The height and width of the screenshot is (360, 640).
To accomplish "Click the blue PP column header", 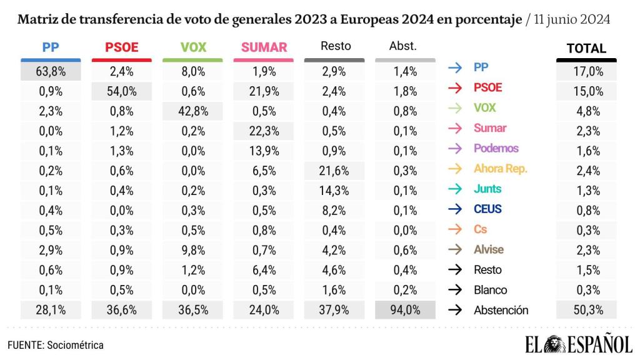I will click(51, 47).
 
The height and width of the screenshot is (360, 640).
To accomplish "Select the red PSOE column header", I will click(122, 47).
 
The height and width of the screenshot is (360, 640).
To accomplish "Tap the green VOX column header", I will click(192, 47).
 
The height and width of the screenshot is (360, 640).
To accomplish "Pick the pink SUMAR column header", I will click(264, 47).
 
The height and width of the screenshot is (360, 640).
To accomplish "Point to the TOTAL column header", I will click(586, 48).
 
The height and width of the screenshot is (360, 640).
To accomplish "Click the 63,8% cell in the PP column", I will click(51, 71).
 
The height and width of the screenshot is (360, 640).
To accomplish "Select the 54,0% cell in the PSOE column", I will click(122, 91).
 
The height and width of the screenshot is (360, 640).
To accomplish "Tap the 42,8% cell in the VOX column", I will click(192, 111).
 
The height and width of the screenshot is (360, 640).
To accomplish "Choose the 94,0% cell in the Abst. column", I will click(405, 309).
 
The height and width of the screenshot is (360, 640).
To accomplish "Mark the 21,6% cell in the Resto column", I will click(334, 171).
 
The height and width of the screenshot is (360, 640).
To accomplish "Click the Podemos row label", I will click(496, 149).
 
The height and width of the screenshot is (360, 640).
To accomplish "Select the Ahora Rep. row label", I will click(501, 169).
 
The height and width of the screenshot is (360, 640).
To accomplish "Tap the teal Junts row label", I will click(487, 189).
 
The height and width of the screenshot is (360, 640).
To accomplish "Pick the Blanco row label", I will click(491, 289).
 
